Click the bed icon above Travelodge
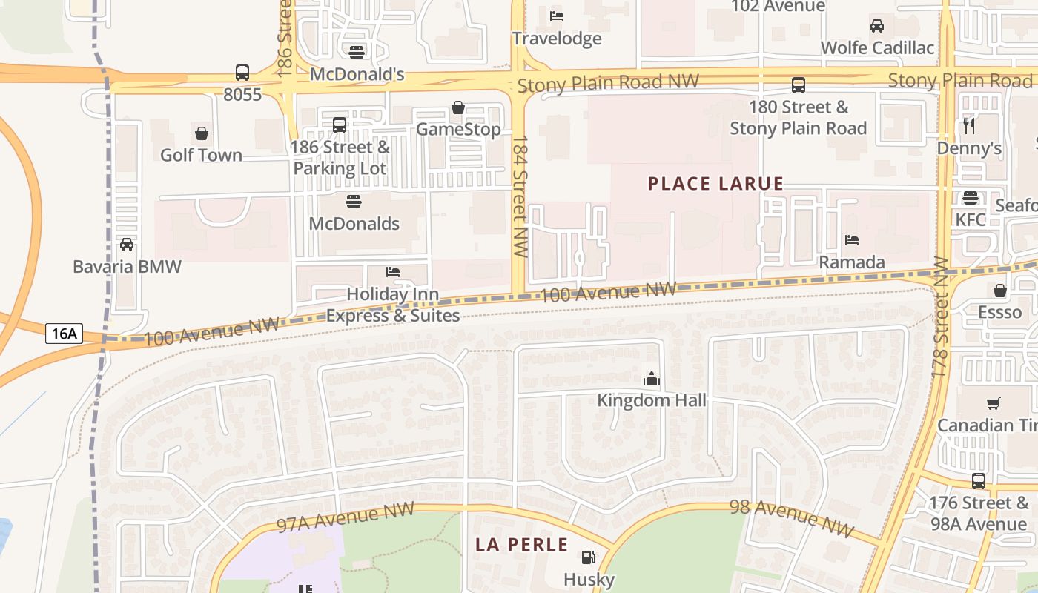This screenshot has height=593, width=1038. point(557,16)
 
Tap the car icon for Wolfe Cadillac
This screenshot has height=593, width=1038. point(877,26)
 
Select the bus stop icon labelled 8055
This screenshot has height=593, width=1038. point(242,73)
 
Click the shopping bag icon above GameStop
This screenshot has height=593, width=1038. point(458,107)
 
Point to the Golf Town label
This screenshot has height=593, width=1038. point(201,155)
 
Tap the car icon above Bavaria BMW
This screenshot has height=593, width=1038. point(127,245)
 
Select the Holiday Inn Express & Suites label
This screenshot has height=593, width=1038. point(393,305)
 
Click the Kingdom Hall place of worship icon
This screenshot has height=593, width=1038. point(652,380)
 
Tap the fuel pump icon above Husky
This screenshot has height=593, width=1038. point(589,557)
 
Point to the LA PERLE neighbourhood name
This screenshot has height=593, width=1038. point(521,545)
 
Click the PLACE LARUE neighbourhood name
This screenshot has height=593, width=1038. point(715,184)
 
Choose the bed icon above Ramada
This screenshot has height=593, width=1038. point(852,240)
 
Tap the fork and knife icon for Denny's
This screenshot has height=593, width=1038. point(969,126)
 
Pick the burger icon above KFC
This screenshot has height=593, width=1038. point(970,198)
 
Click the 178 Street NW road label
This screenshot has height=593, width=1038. point(940,317)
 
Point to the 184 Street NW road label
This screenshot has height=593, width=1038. point(520,196)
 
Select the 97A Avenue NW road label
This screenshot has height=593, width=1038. point(345,517)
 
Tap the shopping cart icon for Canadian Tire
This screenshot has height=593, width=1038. point(993,403)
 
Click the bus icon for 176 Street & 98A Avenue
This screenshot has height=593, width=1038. point(979,481)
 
